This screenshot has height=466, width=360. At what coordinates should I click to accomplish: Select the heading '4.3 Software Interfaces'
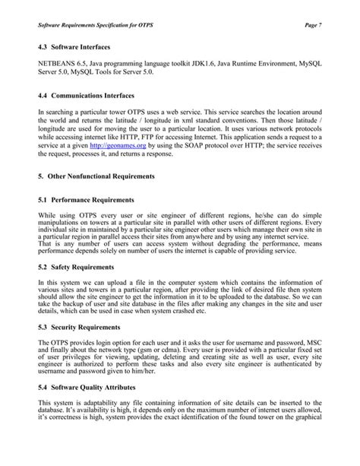pyautogui.click(x=74, y=49)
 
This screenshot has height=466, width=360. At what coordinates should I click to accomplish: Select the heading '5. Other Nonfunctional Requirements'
pyautogui.click(x=96, y=176)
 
